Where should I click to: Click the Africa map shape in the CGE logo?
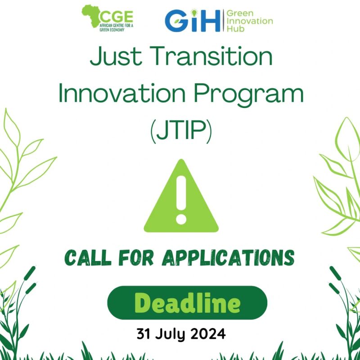[x=91, y=16]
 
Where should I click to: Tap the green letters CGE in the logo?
[x=116, y=17]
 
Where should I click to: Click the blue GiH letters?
[x=193, y=21]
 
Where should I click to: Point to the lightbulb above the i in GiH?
[x=194, y=13]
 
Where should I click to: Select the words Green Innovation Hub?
[x=250, y=21]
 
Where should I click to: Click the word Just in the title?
[x=116, y=56]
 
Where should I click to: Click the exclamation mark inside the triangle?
[x=181, y=200]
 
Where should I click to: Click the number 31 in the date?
[x=144, y=334]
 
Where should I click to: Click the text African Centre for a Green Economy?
[x=116, y=27]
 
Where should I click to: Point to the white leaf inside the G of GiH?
[x=177, y=21]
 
